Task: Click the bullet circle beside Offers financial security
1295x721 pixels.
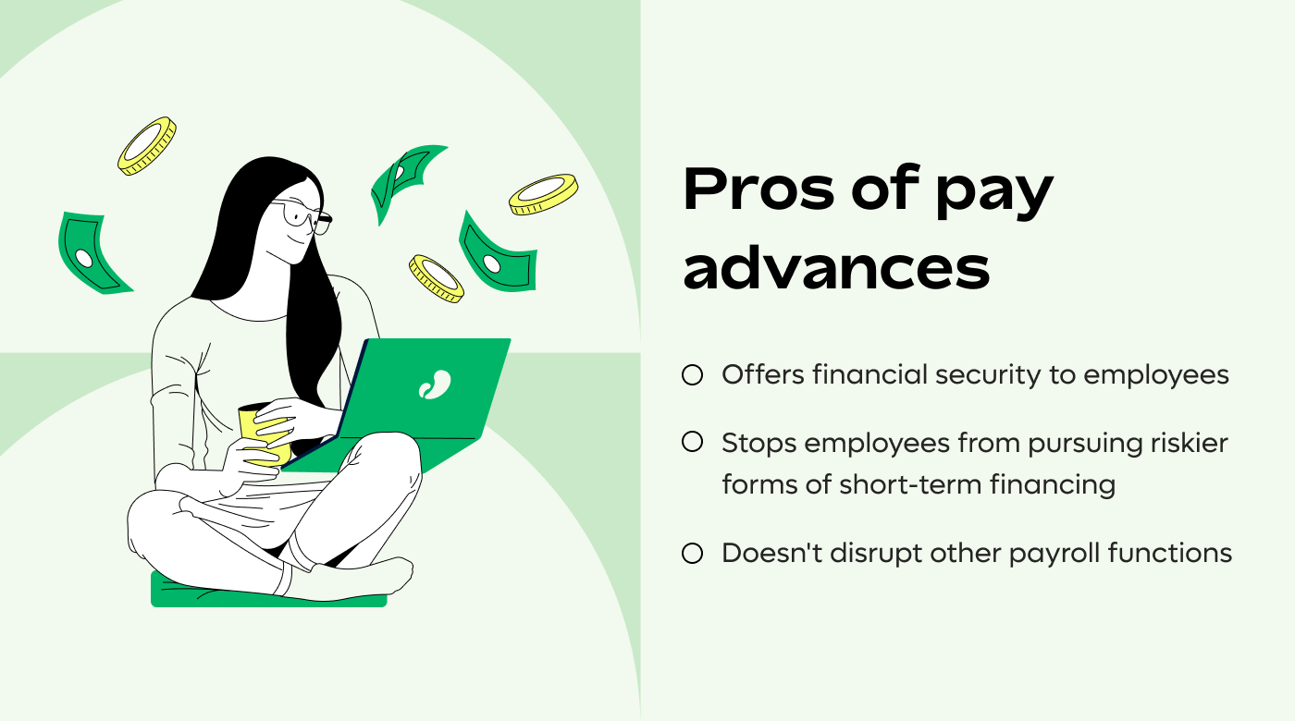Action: (692, 375)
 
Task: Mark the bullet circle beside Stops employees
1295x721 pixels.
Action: (692, 443)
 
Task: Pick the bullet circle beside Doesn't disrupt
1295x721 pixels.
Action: (692, 554)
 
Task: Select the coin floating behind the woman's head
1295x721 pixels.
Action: (146, 145)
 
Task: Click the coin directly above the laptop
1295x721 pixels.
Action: (437, 278)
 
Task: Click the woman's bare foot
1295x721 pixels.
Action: (379, 579)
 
